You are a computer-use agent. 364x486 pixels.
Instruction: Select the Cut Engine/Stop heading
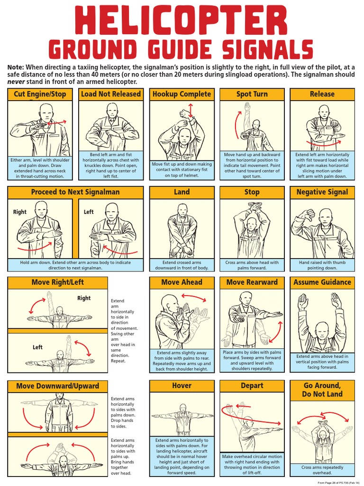click(40, 94)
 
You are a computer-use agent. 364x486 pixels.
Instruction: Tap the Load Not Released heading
click(111, 94)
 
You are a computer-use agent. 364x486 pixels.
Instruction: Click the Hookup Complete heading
click(182, 94)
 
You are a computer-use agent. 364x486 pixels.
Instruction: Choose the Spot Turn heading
click(252, 94)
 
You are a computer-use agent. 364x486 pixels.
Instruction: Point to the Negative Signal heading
click(322, 192)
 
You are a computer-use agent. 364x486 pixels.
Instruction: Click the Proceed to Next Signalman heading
click(75, 192)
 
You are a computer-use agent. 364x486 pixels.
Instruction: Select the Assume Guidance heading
click(322, 282)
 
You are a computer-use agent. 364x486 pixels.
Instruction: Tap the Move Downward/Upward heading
click(57, 386)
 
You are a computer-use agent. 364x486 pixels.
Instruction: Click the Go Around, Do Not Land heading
click(322, 390)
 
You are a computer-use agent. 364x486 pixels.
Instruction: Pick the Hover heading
click(182, 386)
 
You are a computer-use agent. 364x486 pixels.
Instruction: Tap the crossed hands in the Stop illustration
click(255, 206)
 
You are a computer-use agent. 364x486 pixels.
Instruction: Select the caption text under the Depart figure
click(252, 464)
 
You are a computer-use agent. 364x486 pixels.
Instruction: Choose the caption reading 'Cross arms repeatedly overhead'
click(322, 470)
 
